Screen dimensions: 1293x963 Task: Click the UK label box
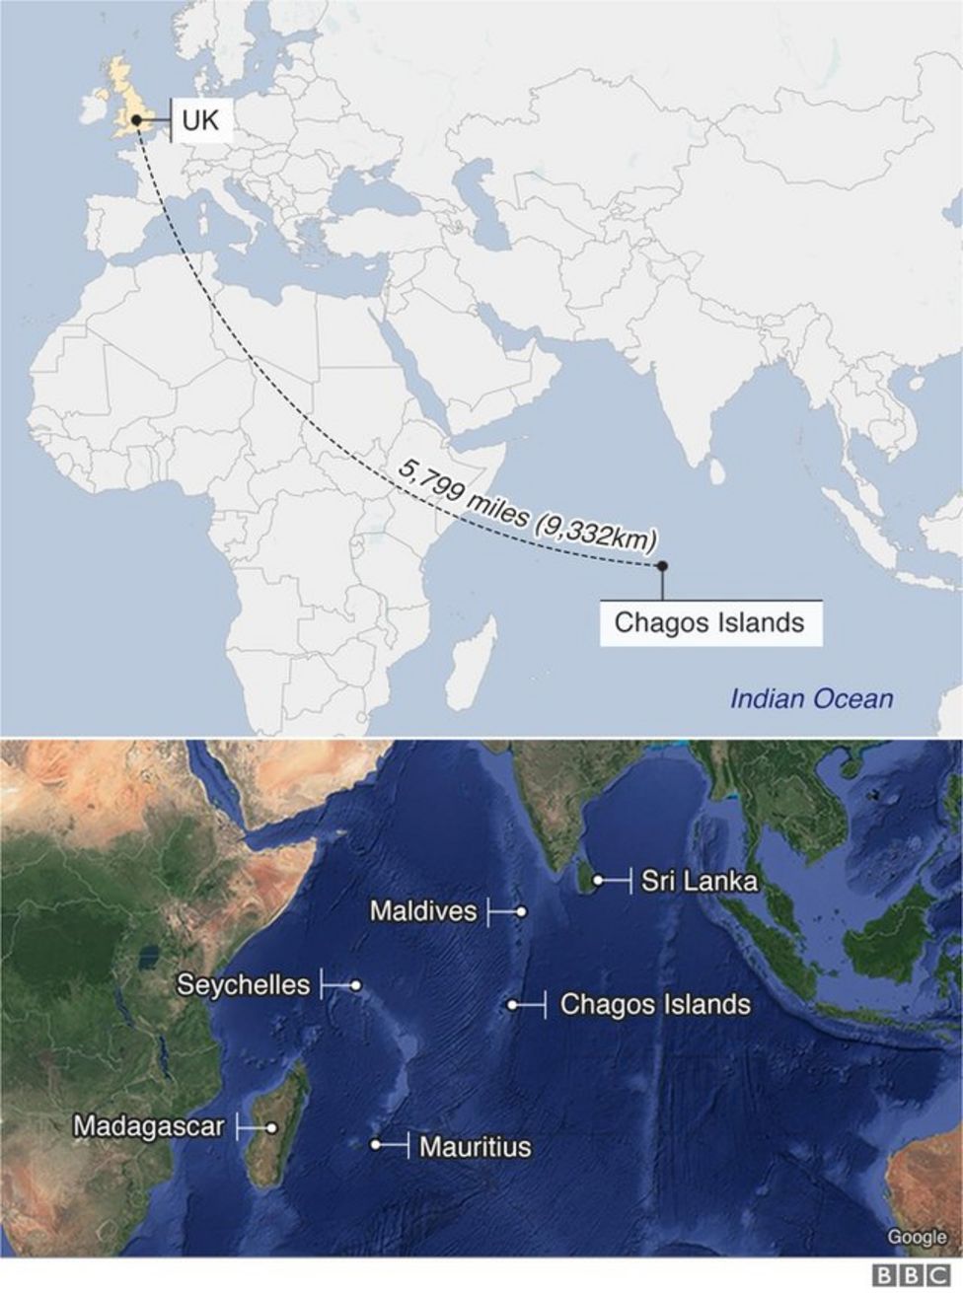(x=201, y=120)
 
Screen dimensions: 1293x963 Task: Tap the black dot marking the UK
(x=136, y=121)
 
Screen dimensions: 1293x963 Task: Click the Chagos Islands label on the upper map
(x=709, y=622)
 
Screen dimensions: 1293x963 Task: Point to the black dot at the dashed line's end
(x=662, y=566)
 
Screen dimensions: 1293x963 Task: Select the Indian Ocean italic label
(x=811, y=699)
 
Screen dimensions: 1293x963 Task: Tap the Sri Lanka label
(x=699, y=881)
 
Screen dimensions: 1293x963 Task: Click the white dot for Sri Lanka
(x=598, y=880)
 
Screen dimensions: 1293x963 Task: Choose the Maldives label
(x=423, y=910)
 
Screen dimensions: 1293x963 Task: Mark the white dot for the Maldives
(x=521, y=912)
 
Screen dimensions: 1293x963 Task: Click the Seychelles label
(x=244, y=984)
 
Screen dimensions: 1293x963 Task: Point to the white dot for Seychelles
(x=355, y=985)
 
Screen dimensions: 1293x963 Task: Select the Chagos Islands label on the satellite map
(x=655, y=1005)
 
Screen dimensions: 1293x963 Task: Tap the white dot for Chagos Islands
(x=513, y=1005)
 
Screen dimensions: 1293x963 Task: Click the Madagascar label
(x=149, y=1125)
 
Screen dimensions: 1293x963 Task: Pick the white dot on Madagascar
(x=270, y=1126)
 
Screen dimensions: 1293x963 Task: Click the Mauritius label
(x=475, y=1147)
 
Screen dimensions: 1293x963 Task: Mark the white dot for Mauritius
(x=376, y=1145)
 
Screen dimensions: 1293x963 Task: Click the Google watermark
(x=916, y=1237)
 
